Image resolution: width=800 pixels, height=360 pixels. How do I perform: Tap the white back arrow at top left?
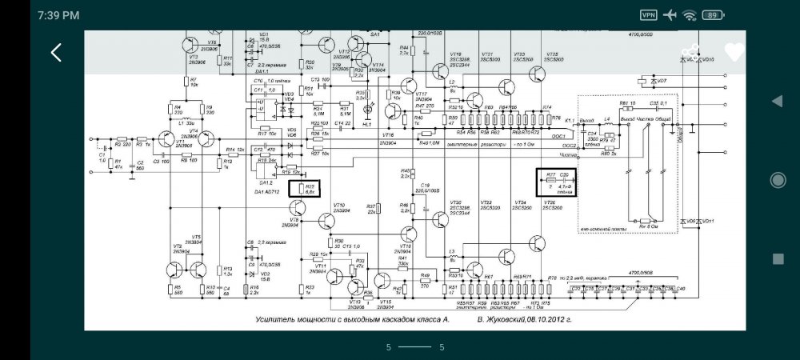(x=56, y=53)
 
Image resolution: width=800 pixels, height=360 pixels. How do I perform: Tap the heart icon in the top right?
(x=734, y=52)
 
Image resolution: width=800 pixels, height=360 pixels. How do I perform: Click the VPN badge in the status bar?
(x=649, y=15)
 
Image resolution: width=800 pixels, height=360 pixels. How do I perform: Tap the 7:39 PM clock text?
(x=58, y=15)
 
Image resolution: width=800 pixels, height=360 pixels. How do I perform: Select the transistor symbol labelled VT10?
(x=326, y=221)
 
